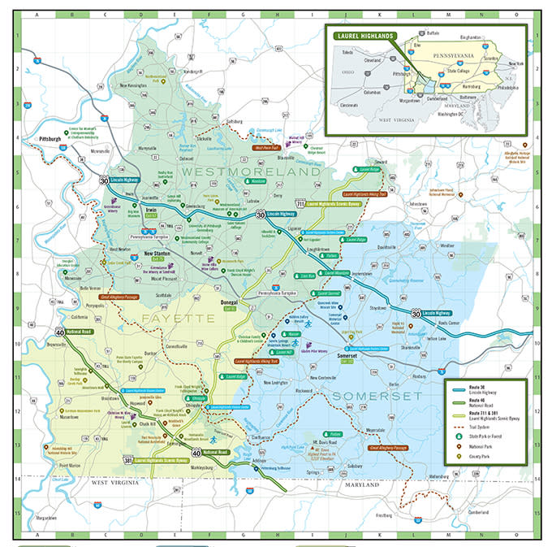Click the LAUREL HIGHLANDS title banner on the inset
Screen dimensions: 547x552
[x=363, y=35]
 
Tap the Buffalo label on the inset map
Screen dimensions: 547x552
[x=433, y=33]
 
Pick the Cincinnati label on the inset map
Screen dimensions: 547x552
[x=350, y=105]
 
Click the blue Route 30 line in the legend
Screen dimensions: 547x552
[x=459, y=389]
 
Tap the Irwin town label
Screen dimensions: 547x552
[x=150, y=210]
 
